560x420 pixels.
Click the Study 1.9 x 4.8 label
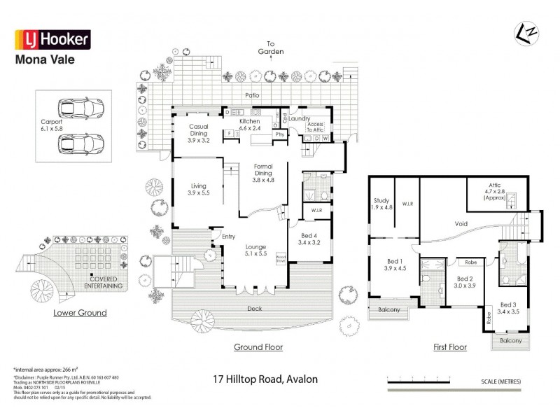tap(382, 204)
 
